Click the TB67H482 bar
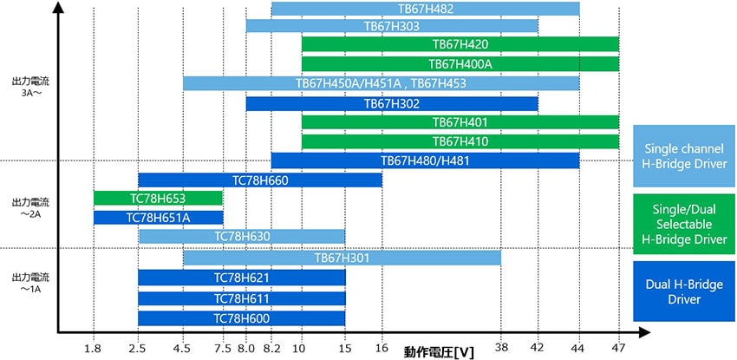425,10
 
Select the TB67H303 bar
392,26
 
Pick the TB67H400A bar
460,64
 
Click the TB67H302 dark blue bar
392,104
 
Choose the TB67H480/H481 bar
425,160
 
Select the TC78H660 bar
260,180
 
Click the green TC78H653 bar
158,198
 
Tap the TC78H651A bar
158,218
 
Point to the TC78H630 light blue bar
242,236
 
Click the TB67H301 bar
342,258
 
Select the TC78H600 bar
242,318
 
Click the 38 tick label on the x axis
500,348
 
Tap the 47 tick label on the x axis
618,348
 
